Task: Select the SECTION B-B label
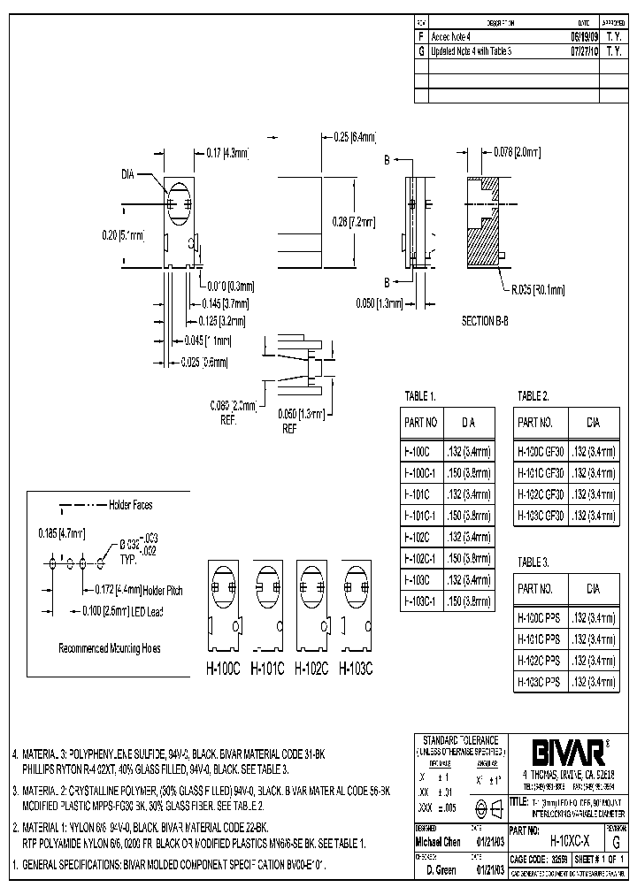point(485,321)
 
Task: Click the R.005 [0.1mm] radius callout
point(533,288)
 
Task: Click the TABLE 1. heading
point(419,395)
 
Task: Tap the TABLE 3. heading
point(533,562)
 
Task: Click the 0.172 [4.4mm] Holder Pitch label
point(135,588)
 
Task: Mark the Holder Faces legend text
point(130,505)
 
